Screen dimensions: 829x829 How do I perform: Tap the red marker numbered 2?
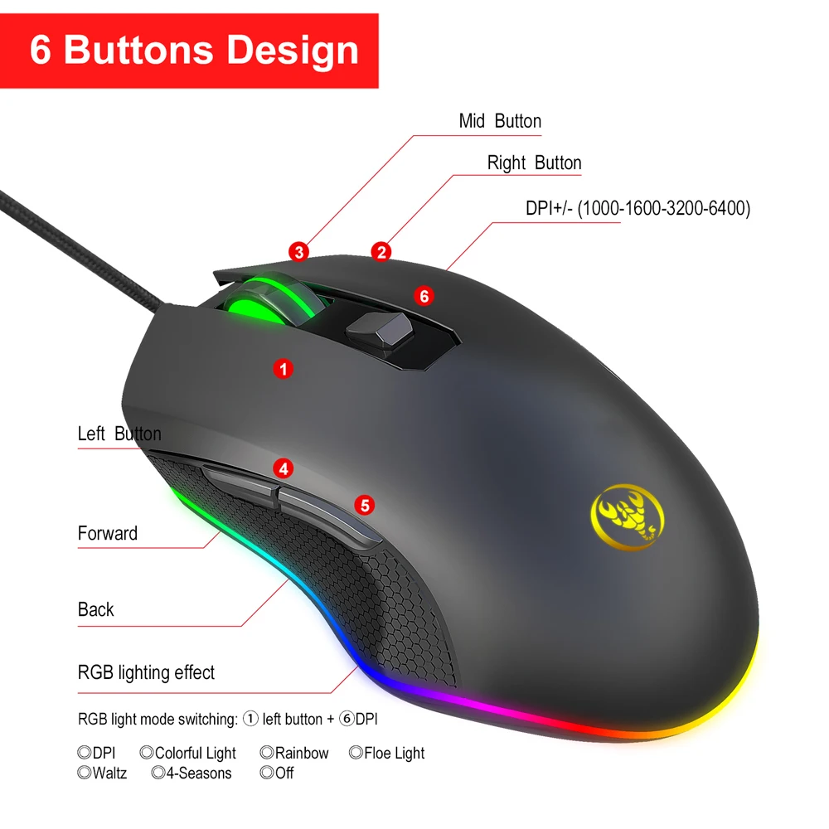[381, 251]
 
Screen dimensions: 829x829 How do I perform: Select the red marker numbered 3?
[299, 251]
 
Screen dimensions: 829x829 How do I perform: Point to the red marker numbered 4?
[284, 468]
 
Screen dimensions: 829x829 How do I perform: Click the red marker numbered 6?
[424, 295]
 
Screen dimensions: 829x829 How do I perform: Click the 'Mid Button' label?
[500, 121]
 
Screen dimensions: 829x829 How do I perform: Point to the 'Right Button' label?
[534, 163]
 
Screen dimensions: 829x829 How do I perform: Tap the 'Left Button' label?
[119, 434]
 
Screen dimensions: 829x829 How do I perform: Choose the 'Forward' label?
[108, 533]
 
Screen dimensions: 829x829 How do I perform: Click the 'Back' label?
[96, 610]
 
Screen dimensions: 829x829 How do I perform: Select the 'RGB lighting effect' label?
[146, 672]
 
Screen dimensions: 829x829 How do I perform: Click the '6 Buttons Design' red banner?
[194, 50]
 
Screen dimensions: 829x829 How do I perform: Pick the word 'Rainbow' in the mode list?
[302, 754]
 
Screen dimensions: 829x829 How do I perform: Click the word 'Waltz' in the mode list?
[109, 773]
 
